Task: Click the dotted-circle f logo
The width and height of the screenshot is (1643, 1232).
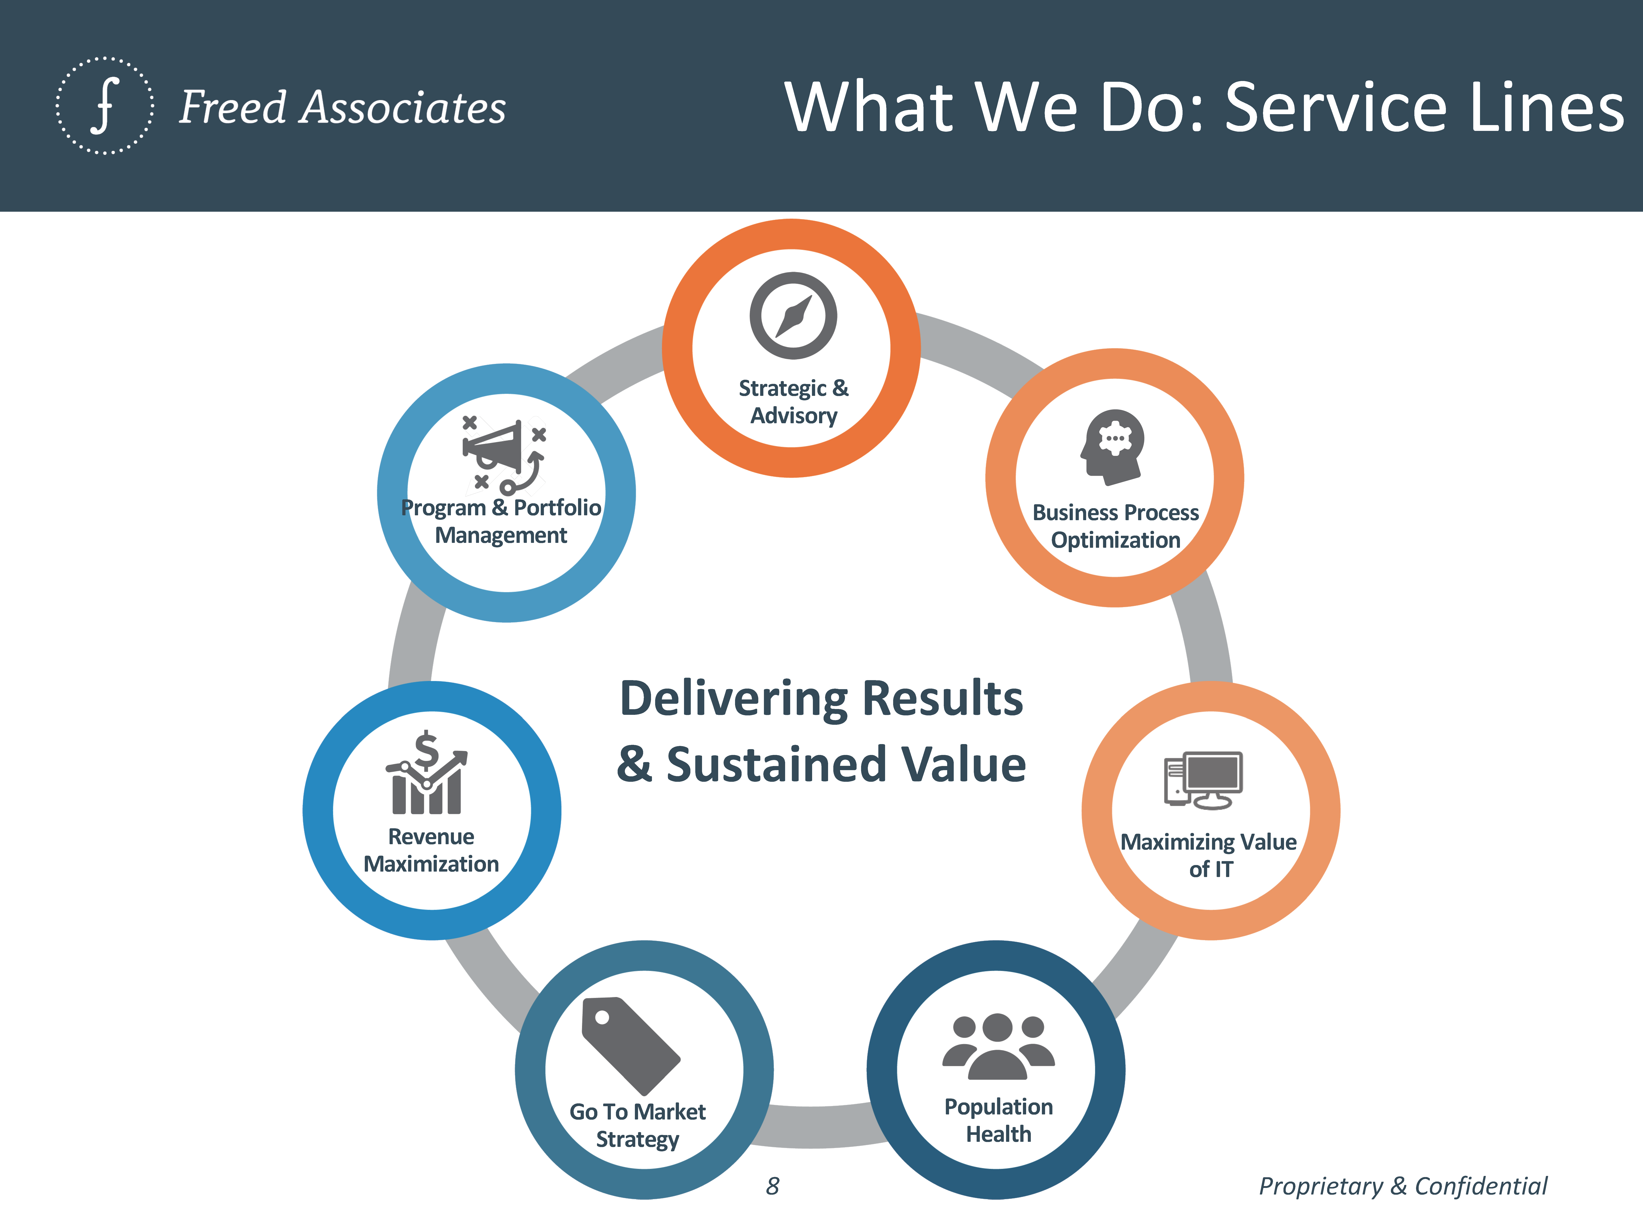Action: tap(105, 105)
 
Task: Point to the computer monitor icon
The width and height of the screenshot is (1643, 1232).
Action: tap(1203, 780)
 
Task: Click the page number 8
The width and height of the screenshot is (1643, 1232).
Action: tap(773, 1186)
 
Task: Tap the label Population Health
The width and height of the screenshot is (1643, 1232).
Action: tap(998, 1120)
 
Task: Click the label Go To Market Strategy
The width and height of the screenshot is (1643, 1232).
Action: tap(637, 1125)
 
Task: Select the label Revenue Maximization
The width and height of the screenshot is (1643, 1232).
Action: tap(431, 850)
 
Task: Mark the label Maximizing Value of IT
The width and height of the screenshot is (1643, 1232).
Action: tap(1208, 855)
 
